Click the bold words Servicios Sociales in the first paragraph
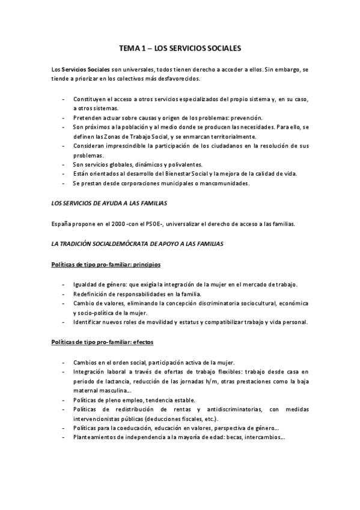pos(85,70)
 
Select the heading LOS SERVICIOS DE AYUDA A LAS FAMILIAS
pos(109,204)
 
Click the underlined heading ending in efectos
pos(102,342)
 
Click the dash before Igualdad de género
pos(64,284)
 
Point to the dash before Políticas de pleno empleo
pos(64,400)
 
